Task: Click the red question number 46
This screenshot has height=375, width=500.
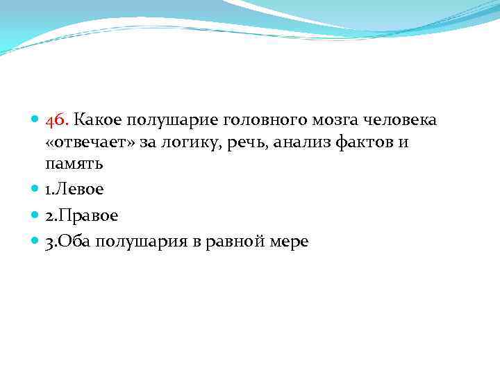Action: click(x=56, y=120)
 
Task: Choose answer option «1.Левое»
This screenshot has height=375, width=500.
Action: click(x=74, y=189)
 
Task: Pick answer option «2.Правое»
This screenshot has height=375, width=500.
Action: click(x=82, y=215)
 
